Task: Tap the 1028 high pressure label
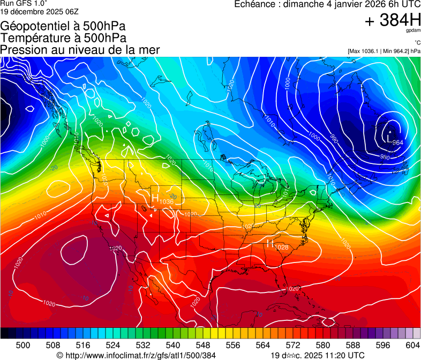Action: (282, 247)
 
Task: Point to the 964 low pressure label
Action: (397, 142)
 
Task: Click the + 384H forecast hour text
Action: (393, 21)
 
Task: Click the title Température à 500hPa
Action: (63, 38)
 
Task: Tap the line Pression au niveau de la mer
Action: (80, 50)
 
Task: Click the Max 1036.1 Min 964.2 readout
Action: (384, 51)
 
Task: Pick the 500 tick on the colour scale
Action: (23, 344)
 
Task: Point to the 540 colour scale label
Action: (173, 344)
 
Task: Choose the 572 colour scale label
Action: (293, 344)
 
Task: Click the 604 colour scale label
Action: (412, 344)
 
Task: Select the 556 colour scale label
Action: (233, 344)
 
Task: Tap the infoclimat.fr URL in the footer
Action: (136, 355)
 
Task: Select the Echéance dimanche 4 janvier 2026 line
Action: (327, 4)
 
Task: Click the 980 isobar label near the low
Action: (385, 156)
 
